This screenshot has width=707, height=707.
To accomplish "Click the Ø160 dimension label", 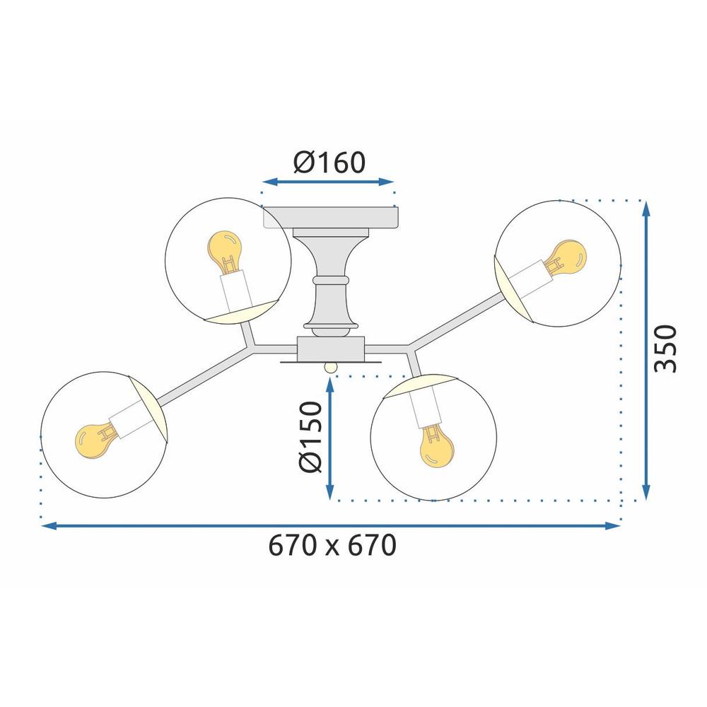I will click(329, 162).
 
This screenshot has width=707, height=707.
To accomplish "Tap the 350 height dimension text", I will click(665, 349).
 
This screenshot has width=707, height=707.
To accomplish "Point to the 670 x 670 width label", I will click(332, 546).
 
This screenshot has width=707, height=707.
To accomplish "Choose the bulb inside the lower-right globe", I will click(436, 448).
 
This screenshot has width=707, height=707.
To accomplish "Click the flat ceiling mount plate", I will click(331, 217).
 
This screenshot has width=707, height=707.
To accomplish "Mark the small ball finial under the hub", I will click(330, 367).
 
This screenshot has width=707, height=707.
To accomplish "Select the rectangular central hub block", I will click(331, 348).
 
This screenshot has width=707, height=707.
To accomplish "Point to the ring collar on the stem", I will click(331, 281).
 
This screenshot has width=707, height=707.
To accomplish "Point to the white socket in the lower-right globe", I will click(426, 411).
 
